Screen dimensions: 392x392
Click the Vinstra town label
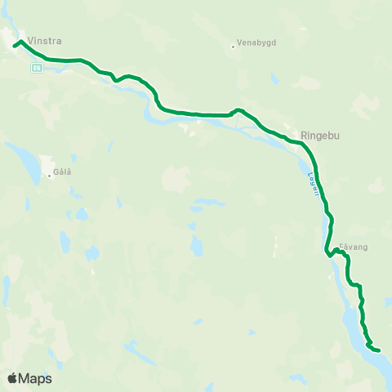tap(45, 38)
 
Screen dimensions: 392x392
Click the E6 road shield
tap(37, 69)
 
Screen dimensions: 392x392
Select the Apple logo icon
tap(12, 378)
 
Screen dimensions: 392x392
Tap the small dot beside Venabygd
tap(233, 46)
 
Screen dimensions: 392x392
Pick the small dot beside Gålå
tap(49, 173)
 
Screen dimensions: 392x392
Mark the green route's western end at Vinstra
tap(14, 44)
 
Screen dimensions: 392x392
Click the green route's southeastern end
tap(380, 351)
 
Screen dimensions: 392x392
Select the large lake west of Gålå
tap(23, 163)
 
